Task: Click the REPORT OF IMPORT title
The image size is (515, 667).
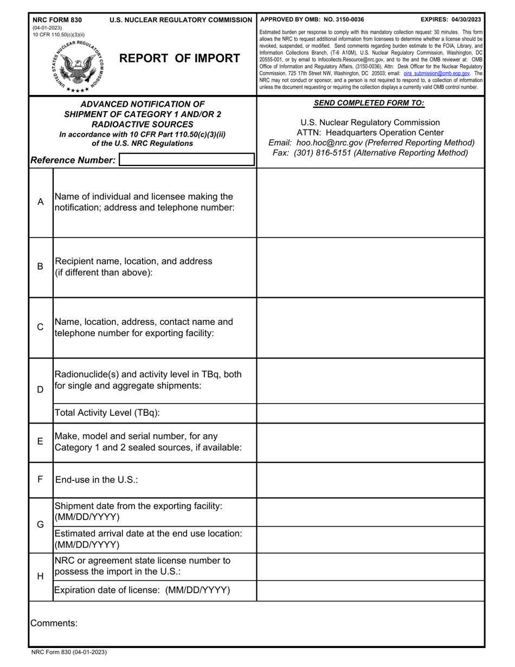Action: pyautogui.click(x=179, y=59)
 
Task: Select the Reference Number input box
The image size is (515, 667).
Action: pyautogui.click(x=186, y=159)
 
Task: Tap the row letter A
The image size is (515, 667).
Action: pyautogui.click(x=40, y=202)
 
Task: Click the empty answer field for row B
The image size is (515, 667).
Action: pyautogui.click(x=370, y=267)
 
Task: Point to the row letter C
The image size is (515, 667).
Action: pyautogui.click(x=40, y=328)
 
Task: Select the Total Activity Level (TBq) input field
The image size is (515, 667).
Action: pyautogui.click(x=370, y=413)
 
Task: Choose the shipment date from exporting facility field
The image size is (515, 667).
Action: pyautogui.click(x=370, y=511)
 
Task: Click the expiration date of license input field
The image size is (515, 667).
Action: pyautogui.click(x=370, y=591)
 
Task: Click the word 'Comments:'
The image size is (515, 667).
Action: pyautogui.click(x=54, y=624)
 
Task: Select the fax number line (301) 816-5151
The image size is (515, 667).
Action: pyautogui.click(x=370, y=153)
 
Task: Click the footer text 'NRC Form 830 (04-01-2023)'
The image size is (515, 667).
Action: pyautogui.click(x=69, y=652)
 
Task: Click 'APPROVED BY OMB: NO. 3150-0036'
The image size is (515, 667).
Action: pyautogui.click(x=312, y=20)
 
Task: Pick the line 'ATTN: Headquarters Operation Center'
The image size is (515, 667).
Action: pyautogui.click(x=370, y=133)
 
